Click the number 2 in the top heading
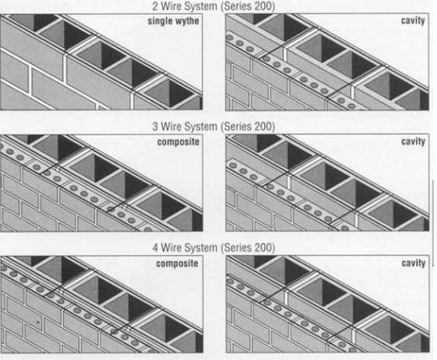pos(155,7)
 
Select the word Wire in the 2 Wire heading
pos(171,7)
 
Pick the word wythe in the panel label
pos(187,21)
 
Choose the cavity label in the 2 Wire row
pos(413,21)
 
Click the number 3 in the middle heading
pos(155,127)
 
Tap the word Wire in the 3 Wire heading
pos(171,127)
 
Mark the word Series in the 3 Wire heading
pos(235,127)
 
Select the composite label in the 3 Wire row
pos(179,142)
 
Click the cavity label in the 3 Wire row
pos(413,141)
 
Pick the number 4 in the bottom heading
pos(155,248)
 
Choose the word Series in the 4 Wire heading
pos(235,248)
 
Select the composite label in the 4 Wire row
pos(177,264)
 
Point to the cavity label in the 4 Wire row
pos(413,263)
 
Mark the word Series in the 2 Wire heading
pos(235,7)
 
